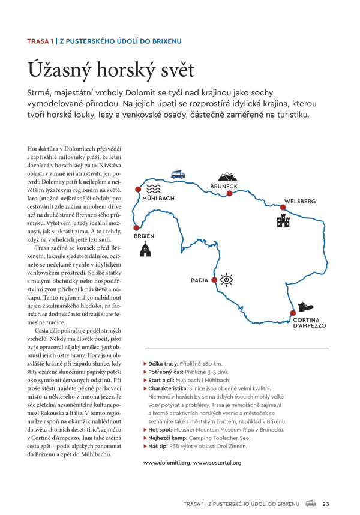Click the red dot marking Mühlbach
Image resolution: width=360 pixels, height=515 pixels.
click(138, 190)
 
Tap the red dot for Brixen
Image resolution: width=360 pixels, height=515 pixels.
click(136, 227)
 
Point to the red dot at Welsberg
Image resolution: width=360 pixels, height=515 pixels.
click(282, 208)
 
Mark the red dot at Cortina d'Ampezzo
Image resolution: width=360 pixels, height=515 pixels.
click(293, 313)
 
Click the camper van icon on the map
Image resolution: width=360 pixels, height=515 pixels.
click(178, 175)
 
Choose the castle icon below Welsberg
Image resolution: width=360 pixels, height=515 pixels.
click(283, 221)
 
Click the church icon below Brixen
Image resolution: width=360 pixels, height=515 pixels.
click(145, 250)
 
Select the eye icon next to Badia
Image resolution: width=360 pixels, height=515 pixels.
click(226, 279)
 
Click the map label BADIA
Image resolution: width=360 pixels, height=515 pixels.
click(200, 280)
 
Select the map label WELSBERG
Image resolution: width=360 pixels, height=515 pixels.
click(300, 202)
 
